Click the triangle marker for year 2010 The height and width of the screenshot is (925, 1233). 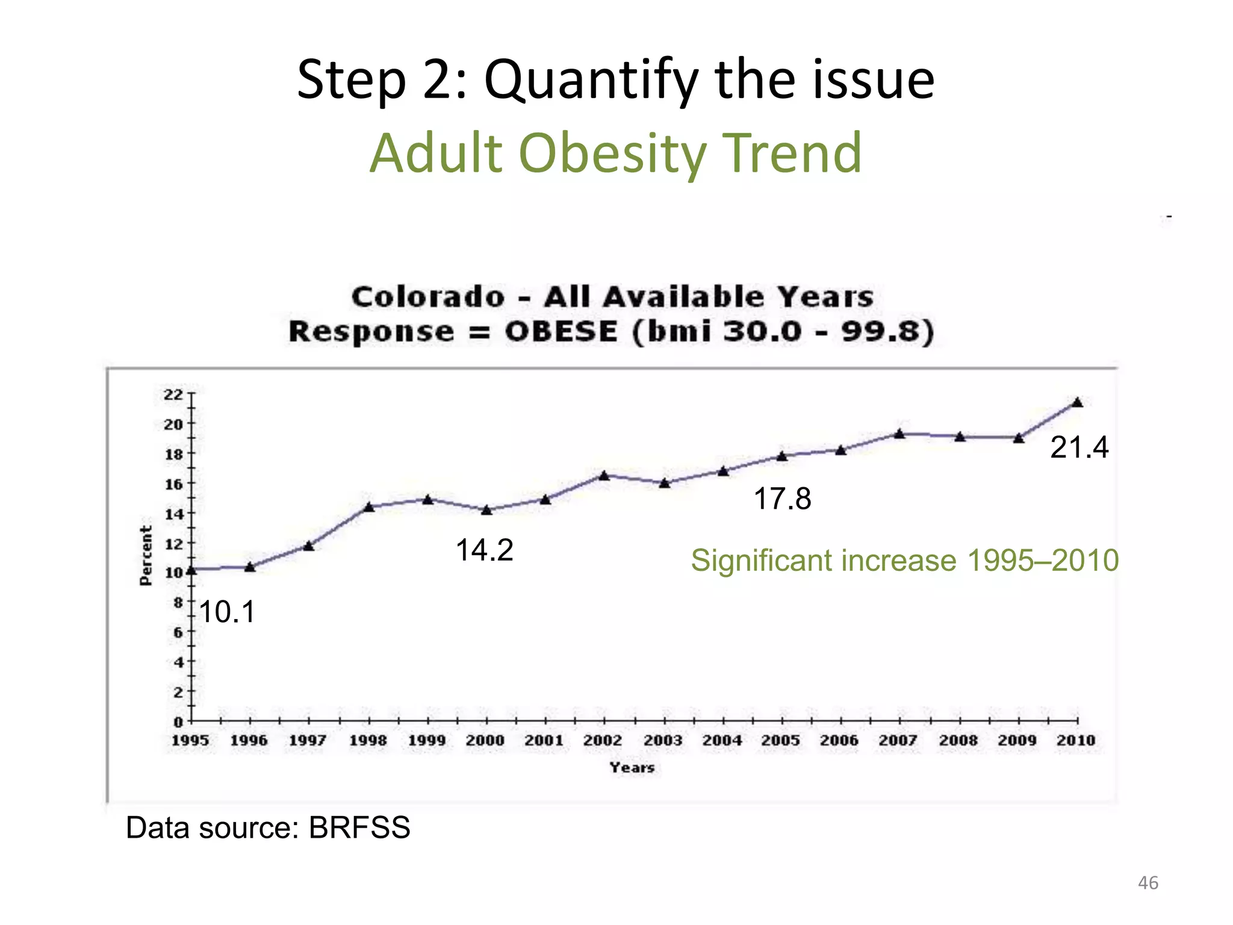(1078, 403)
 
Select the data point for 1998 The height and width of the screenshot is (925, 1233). (370, 507)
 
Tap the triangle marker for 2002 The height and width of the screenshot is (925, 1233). (604, 476)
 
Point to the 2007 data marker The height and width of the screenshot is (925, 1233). (899, 434)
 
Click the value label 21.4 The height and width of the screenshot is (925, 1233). (1079, 447)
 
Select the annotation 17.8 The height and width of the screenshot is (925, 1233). (782, 499)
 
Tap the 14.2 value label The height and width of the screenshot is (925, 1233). (484, 550)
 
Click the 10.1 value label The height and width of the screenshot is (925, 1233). (227, 612)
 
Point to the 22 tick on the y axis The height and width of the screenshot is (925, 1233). (173, 395)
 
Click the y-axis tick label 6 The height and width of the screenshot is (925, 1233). (178, 632)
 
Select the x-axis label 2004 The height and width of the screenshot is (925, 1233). (722, 740)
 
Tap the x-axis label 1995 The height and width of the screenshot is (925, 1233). (190, 740)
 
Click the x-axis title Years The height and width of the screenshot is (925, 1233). (632, 768)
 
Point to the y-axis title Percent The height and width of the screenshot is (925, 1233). (146, 555)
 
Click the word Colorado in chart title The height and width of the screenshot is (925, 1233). (428, 297)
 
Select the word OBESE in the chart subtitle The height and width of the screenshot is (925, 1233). (561, 332)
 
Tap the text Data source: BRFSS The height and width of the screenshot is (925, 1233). (268, 828)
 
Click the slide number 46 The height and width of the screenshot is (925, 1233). (1148, 883)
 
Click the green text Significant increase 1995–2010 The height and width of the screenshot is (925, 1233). (904, 561)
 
